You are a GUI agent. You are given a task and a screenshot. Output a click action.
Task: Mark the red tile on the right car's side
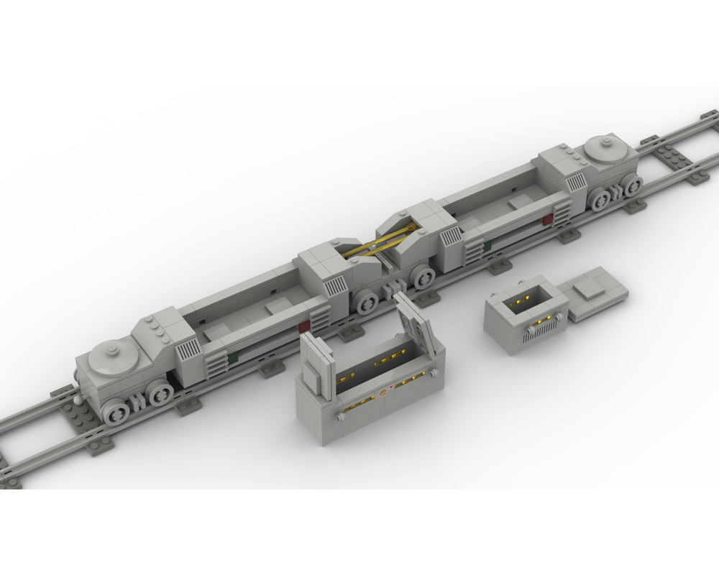[x=548, y=219]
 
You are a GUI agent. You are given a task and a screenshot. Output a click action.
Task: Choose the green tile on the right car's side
[x=487, y=245]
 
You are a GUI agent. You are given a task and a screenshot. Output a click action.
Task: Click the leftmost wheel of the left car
[x=115, y=410]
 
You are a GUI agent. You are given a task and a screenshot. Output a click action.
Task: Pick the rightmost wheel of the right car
[x=633, y=186]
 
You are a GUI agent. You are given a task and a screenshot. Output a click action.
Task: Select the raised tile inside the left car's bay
[x=280, y=307]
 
